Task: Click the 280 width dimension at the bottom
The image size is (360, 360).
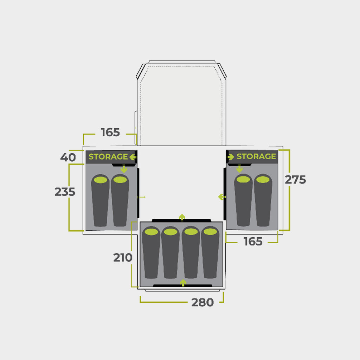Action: [202, 302]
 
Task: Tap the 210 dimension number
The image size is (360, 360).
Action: [123, 258]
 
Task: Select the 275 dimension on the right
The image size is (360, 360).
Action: [295, 180]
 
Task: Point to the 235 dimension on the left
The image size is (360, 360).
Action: [65, 192]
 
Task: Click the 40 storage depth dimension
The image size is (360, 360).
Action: [68, 157]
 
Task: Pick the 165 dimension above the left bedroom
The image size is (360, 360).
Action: [110, 132]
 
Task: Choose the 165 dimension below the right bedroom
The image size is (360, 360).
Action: [253, 242]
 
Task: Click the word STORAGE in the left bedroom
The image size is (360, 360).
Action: [108, 156]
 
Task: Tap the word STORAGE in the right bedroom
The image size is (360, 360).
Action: [256, 156]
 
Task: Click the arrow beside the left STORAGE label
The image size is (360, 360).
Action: [133, 157]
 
